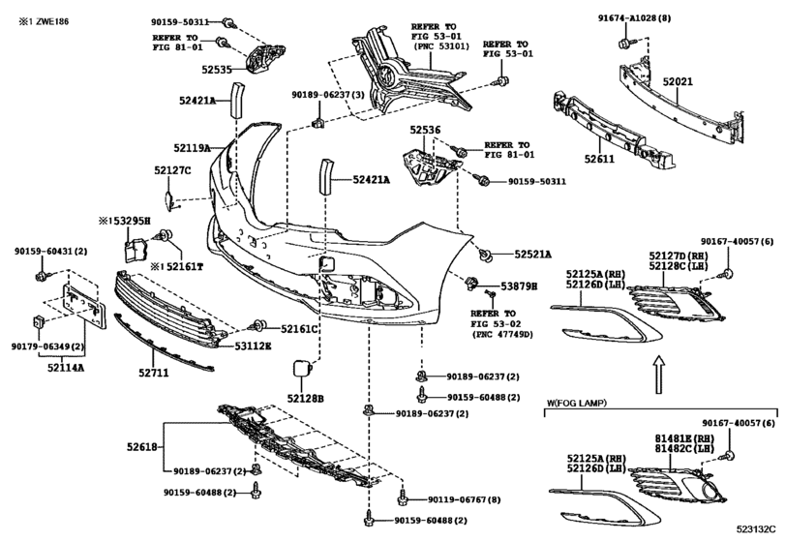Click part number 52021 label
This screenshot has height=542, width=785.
click(678, 81)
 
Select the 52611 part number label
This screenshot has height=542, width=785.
click(599, 159)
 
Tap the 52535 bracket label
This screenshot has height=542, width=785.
click(217, 70)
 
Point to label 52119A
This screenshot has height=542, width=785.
click(192, 148)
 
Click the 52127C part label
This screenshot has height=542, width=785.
click(172, 170)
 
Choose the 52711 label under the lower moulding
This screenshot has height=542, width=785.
click(154, 373)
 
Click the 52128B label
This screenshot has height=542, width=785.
click(306, 399)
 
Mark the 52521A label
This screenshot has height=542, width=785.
click(532, 255)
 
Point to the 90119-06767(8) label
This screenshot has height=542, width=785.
click(464, 499)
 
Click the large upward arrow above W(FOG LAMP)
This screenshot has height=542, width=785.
click(660, 375)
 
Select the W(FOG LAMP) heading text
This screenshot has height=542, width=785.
click(576, 403)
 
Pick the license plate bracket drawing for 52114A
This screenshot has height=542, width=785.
click(83, 306)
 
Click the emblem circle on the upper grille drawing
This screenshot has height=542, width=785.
click(386, 76)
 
